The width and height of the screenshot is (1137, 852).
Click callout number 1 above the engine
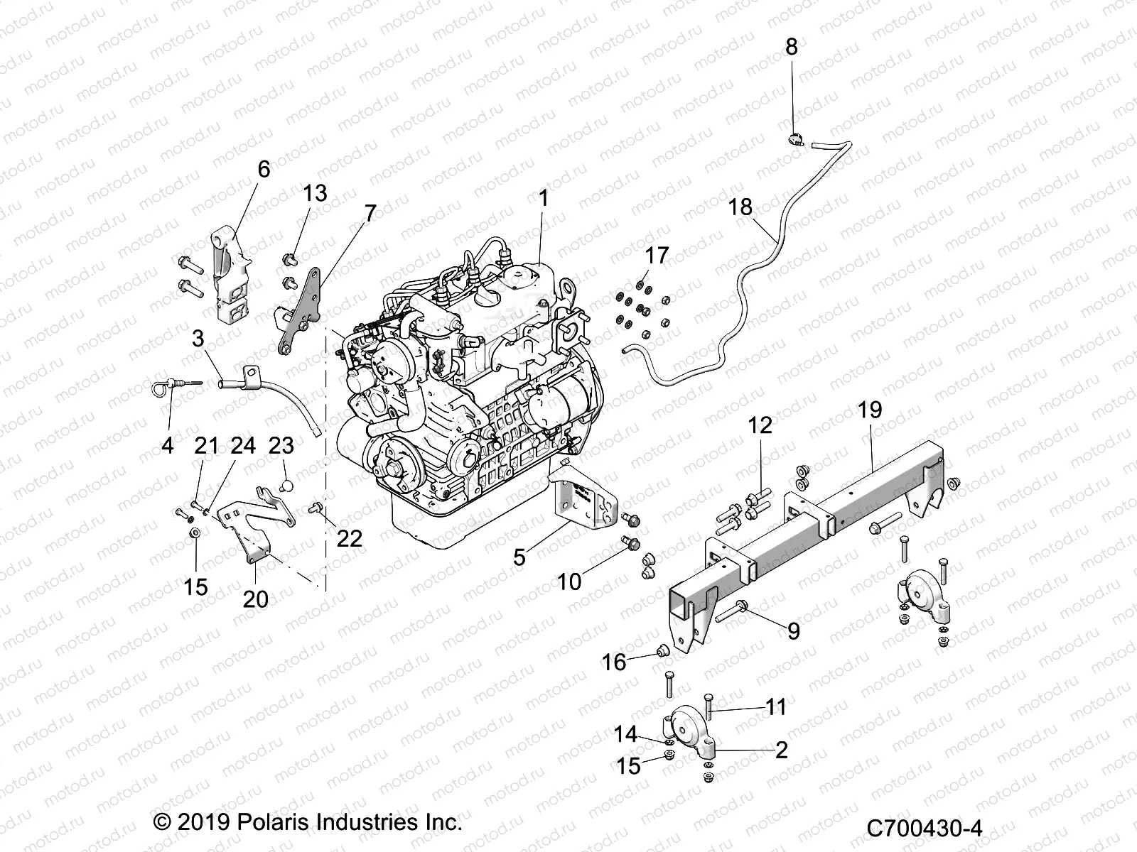[544, 199]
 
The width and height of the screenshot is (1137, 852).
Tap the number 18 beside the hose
[740, 207]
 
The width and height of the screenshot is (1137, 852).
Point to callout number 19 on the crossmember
[870, 410]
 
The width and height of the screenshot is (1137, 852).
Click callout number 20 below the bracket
[256, 599]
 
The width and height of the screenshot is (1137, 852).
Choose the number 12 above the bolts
[760, 425]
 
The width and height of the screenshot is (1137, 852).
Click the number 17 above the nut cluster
[657, 255]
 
